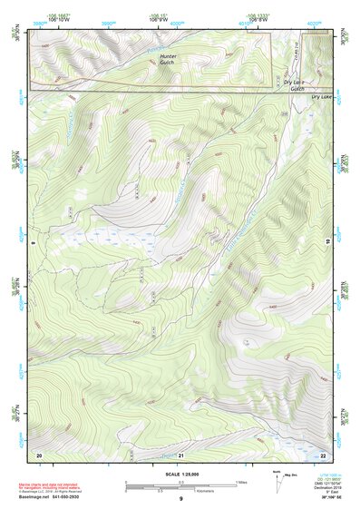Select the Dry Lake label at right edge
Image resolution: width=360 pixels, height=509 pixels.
(x=322, y=95)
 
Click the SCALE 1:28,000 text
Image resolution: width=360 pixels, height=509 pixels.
(x=180, y=475)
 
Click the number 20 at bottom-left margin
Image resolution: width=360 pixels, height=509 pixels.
(x=40, y=454)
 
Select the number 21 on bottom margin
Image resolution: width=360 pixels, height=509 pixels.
(x=180, y=454)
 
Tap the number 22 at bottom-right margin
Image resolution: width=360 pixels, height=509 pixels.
(x=324, y=454)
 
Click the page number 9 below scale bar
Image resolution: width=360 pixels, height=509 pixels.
(x=180, y=500)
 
